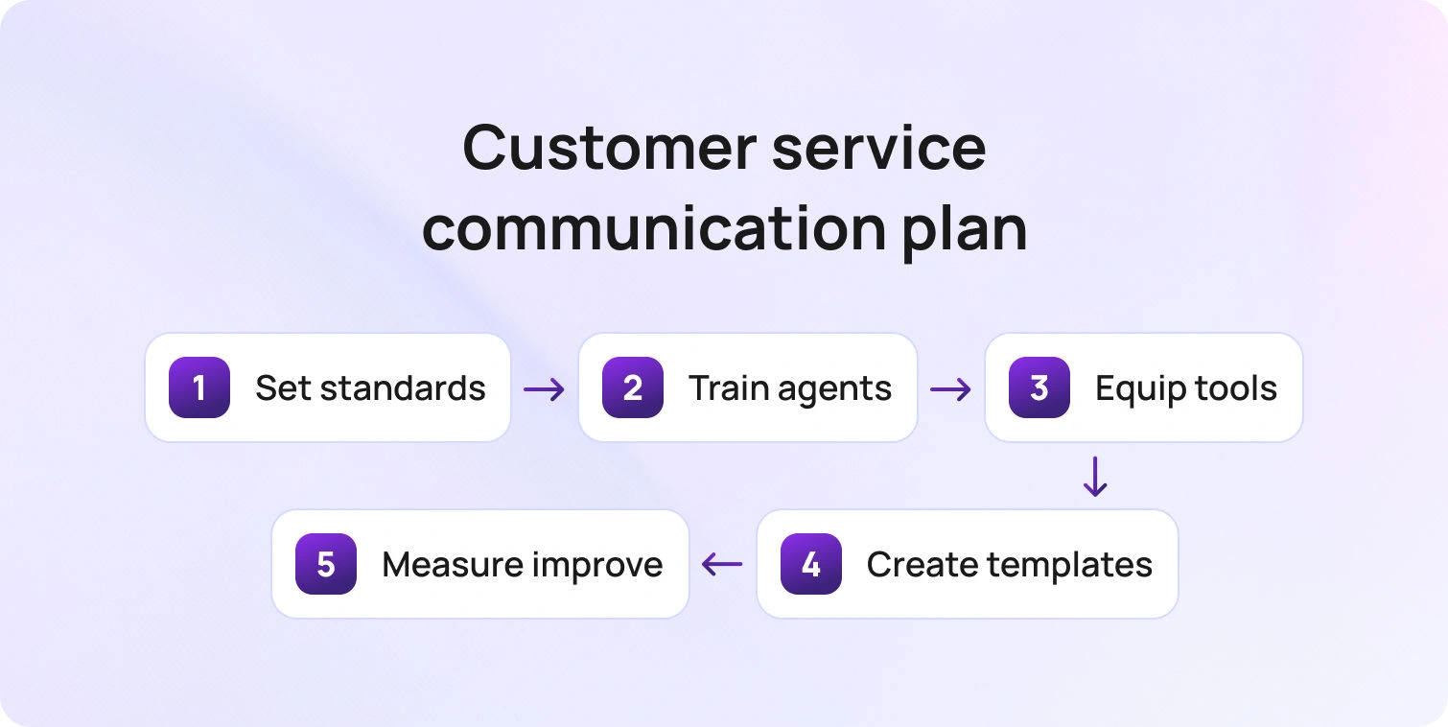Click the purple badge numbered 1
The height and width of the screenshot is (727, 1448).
[199, 387]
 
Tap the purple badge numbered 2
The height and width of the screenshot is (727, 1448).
[632, 387]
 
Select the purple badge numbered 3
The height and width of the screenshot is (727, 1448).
[1039, 387]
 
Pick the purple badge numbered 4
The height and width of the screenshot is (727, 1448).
[810, 564]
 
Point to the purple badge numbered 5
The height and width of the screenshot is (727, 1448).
[326, 564]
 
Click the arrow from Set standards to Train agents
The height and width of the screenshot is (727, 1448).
[544, 389]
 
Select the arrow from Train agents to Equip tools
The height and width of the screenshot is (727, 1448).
[950, 389]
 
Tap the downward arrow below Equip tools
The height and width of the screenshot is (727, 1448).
[1095, 477]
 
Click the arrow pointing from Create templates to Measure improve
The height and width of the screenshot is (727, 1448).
[722, 564]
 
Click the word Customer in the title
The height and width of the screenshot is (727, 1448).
[610, 148]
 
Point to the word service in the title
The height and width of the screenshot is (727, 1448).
[879, 148]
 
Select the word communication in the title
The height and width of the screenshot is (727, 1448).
[654, 228]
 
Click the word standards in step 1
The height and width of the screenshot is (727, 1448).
[403, 388]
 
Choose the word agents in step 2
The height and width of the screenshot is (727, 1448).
[834, 390]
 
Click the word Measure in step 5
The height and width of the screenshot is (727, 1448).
[451, 565]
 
